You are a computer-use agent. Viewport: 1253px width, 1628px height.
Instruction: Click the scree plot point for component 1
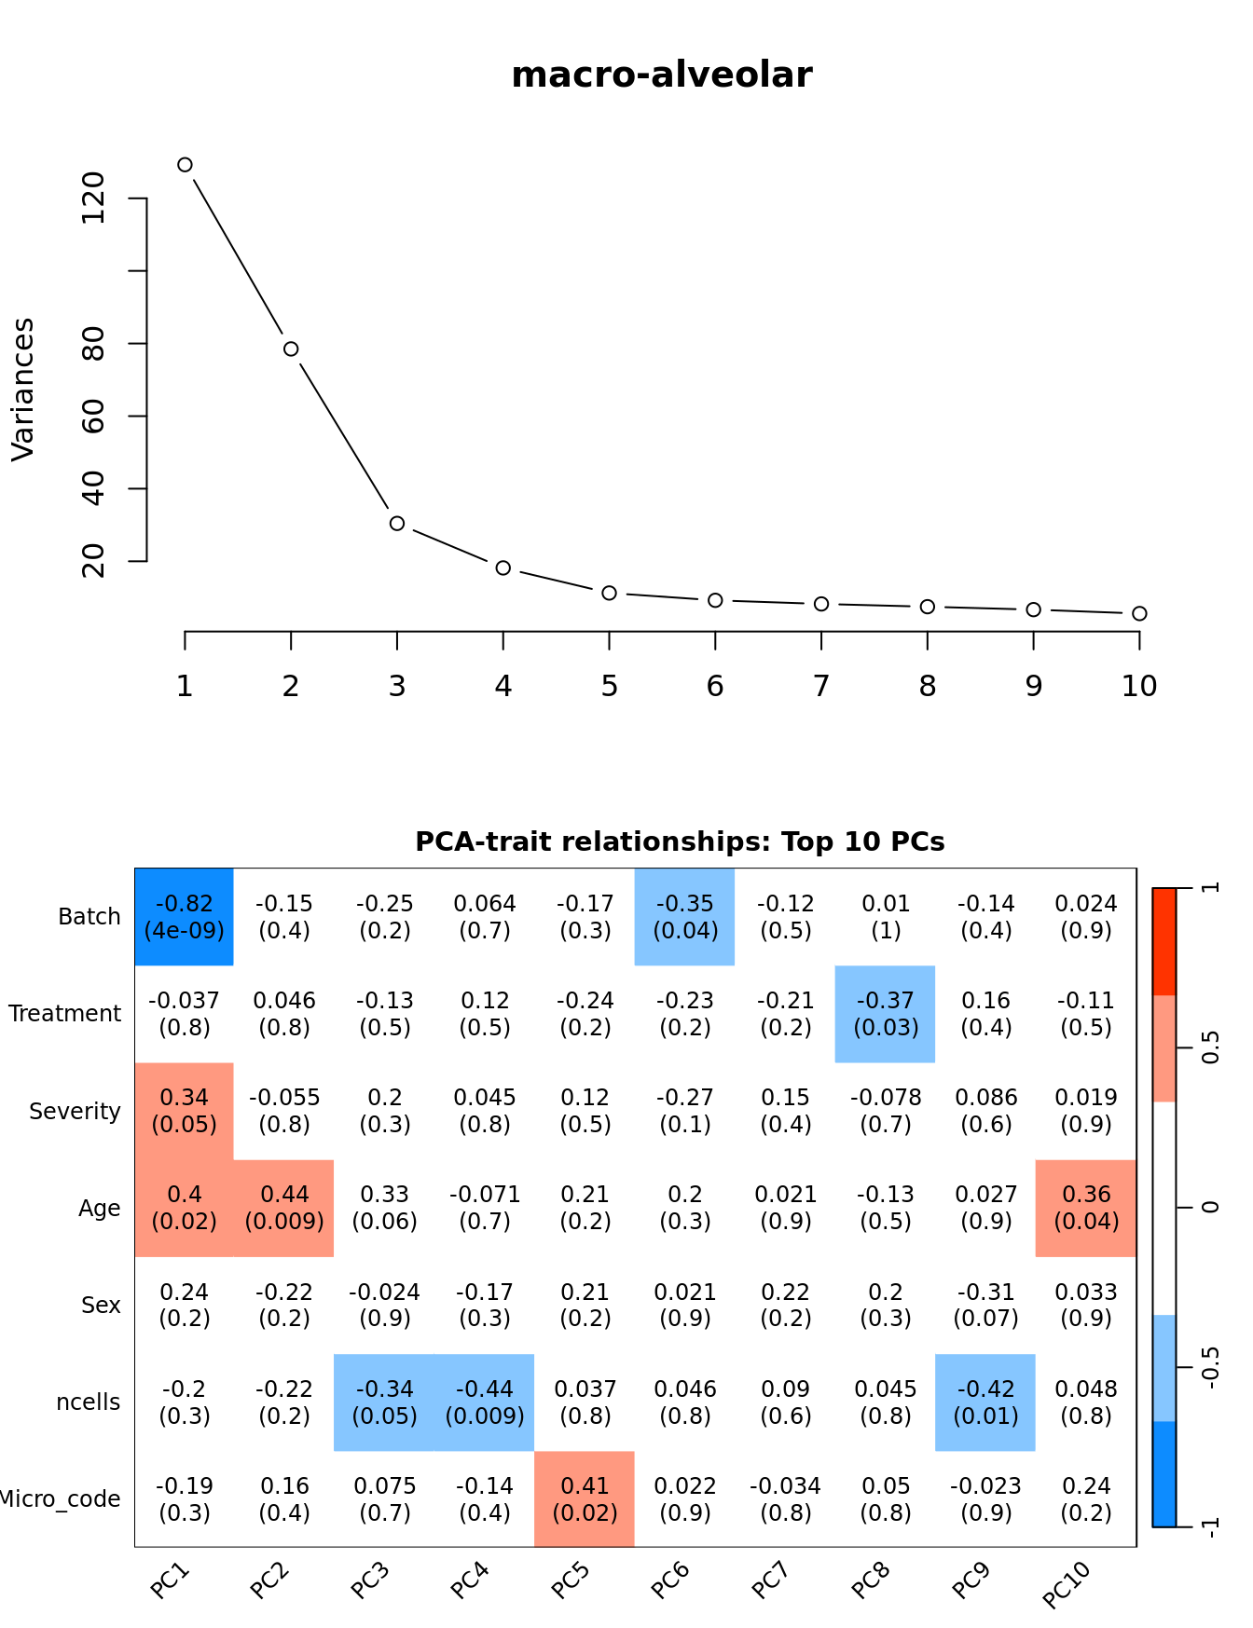(185, 165)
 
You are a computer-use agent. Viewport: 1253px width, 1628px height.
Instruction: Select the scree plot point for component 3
(397, 524)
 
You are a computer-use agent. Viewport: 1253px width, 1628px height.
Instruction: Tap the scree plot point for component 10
(1139, 613)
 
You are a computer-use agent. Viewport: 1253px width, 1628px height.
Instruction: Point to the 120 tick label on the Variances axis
(93, 198)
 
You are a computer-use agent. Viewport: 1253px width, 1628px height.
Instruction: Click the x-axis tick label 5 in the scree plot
(609, 687)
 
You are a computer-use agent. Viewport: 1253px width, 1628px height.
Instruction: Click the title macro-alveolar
(662, 75)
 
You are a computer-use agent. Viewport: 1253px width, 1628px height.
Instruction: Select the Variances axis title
(22, 389)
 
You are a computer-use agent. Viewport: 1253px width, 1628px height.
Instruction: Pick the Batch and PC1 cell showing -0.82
(185, 917)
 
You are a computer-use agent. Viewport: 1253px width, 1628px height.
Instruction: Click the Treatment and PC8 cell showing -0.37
(886, 1014)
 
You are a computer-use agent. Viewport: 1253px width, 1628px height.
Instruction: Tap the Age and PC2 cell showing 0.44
(284, 1208)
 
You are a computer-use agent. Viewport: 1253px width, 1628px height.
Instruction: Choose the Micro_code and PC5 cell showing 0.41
(585, 1498)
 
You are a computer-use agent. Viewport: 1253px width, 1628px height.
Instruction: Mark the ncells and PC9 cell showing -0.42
(985, 1402)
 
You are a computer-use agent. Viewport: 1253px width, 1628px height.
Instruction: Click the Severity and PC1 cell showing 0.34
(185, 1111)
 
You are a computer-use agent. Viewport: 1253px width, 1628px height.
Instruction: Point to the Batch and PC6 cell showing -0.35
(685, 917)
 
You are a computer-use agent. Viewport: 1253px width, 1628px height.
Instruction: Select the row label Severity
(75, 1111)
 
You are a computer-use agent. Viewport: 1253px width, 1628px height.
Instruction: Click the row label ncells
(89, 1402)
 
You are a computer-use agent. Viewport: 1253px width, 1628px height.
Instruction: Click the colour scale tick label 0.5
(1210, 1047)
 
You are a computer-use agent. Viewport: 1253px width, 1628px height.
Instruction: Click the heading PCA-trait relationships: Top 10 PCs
(680, 841)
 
